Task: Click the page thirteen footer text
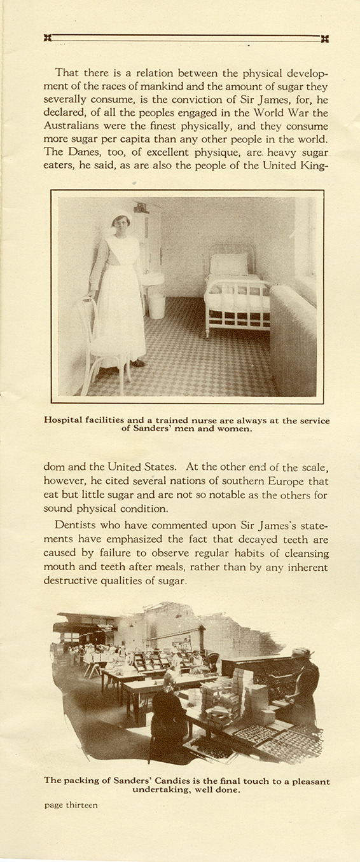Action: click(71, 805)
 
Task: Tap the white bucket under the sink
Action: click(156, 305)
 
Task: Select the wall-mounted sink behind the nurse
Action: click(152, 278)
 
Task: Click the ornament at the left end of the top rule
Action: click(48, 38)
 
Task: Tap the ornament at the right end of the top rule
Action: click(325, 38)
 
